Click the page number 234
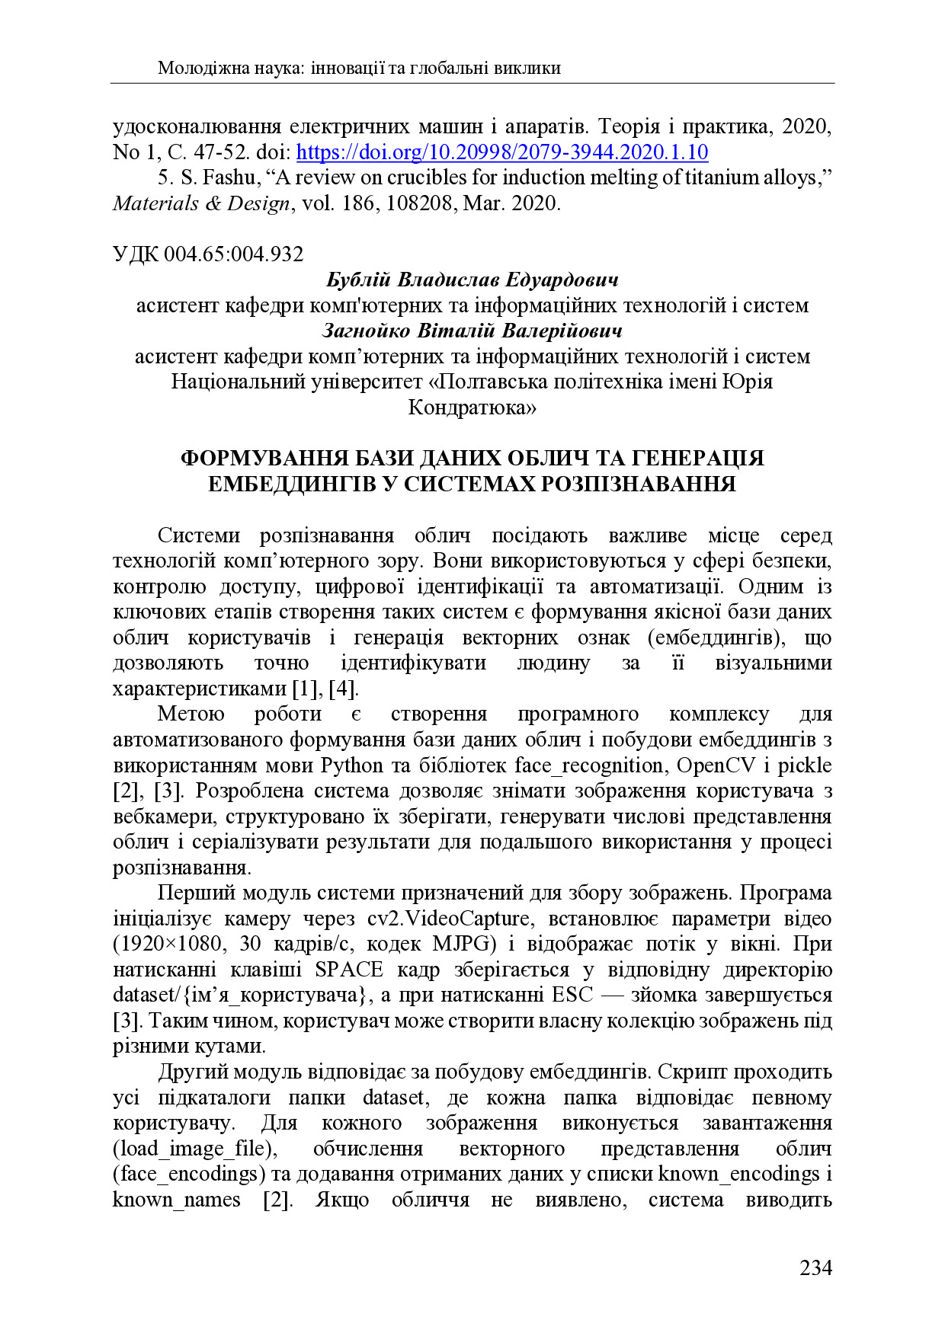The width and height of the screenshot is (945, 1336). tap(815, 1267)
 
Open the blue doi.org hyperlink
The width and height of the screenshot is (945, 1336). tap(501, 152)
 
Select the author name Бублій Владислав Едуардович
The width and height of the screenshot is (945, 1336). tap(472, 280)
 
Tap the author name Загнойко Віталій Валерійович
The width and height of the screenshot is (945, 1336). tap(472, 331)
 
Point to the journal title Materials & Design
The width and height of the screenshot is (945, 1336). tap(201, 203)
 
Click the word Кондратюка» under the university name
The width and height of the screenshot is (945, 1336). tap(472, 408)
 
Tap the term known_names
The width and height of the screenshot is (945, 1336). tap(176, 1200)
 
